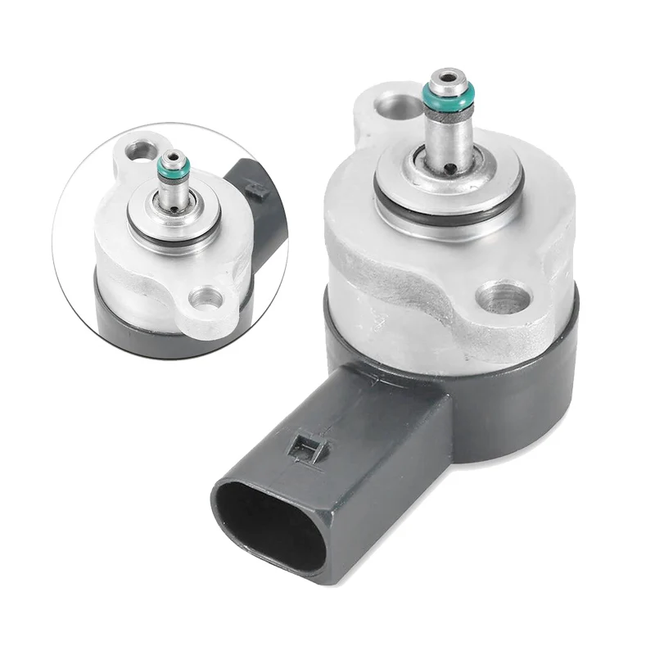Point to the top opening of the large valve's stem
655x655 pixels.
(x=446, y=81)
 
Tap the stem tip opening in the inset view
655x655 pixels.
(x=173, y=157)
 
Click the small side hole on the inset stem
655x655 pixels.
(x=174, y=210)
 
